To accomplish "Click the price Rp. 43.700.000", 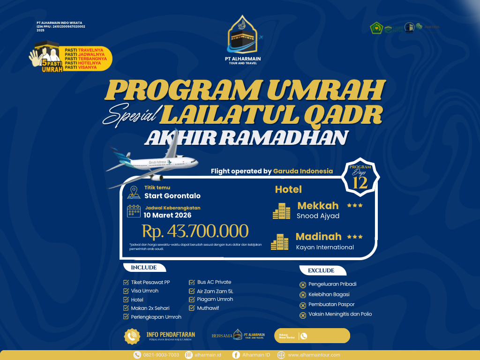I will (195, 231).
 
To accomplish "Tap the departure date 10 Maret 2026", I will (168, 216).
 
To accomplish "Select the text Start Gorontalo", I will (172, 196).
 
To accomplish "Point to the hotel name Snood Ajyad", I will (318, 216).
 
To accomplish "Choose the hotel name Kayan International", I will (325, 247).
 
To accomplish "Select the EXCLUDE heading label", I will (321, 270).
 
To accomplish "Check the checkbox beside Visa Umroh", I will (126, 291).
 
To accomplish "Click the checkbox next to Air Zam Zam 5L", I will (192, 291).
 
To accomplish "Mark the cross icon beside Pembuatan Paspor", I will (303, 305).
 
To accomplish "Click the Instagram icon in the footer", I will (189, 355).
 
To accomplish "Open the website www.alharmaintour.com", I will (314, 355).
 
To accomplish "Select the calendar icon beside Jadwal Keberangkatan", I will (134, 211).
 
